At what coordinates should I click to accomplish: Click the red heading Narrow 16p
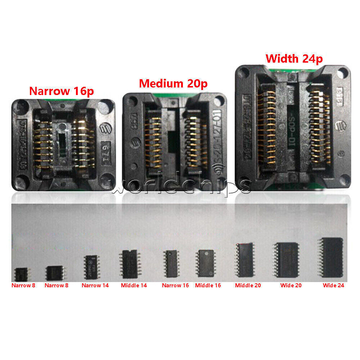coord(61,91)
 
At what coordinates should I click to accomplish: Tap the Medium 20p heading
coord(173,84)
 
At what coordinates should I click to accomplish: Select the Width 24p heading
coord(294,58)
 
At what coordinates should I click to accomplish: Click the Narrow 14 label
coord(95,285)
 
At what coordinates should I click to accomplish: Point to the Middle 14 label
coord(134,285)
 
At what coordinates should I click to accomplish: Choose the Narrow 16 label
coord(175,285)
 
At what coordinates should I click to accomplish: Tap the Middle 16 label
coord(208,285)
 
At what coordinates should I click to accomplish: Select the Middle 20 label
coord(248,285)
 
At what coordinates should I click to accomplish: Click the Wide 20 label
coord(291,285)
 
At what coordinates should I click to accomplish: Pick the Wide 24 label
coord(333,285)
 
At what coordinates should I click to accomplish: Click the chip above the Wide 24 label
coord(331,257)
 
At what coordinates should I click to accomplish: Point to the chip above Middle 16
coord(206,264)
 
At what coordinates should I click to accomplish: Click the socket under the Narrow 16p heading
coord(63,145)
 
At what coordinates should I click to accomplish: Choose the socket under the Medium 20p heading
coord(174,140)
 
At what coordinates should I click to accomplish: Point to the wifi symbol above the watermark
coord(219,168)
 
